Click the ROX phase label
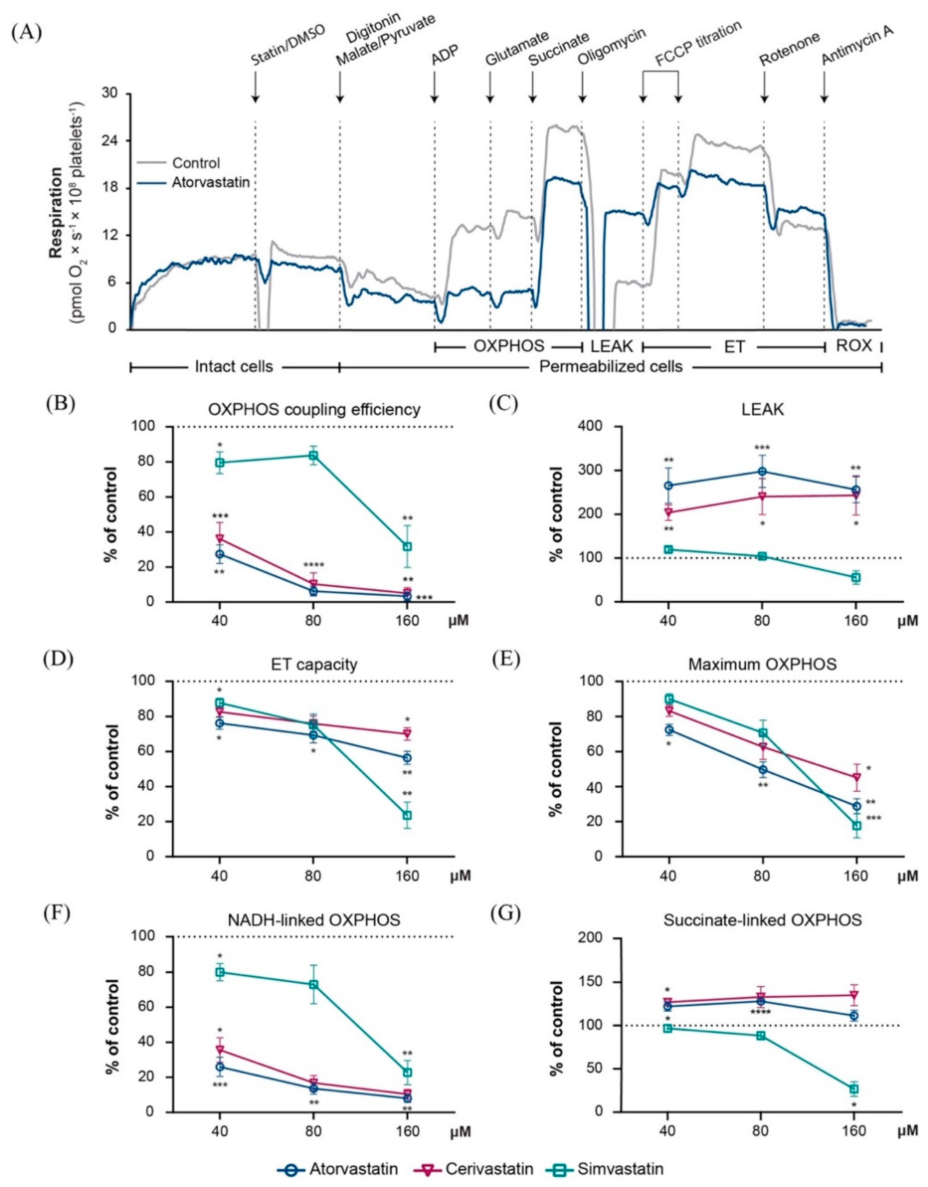pyautogui.click(x=854, y=346)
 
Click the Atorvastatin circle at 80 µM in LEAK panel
pyautogui.click(x=762, y=471)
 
